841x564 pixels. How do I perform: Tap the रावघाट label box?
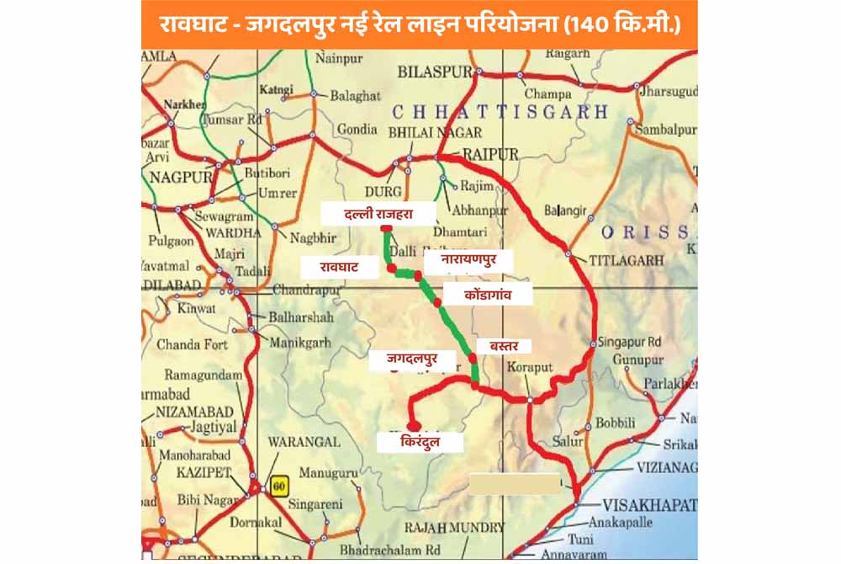point(338,267)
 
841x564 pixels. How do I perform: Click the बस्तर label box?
point(504,345)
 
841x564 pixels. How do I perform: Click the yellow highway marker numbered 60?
point(278,485)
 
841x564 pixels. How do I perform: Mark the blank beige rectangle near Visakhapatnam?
point(514,483)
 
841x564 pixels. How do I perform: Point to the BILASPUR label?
point(436,72)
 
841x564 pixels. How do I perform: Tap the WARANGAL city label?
point(304,441)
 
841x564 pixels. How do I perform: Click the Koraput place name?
point(530,368)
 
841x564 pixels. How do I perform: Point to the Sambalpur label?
point(664,129)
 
